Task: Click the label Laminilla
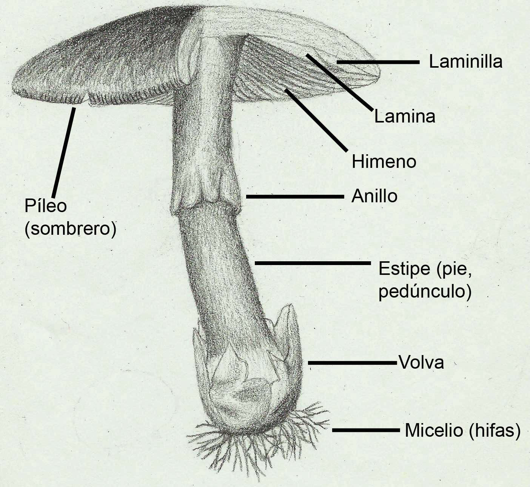pos(465,62)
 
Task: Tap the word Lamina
pos(405,116)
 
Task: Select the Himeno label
pos(384,161)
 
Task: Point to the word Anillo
pos(374,196)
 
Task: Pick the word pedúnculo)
pos(425,292)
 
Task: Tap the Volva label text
pos(421,363)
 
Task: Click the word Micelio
pos(434,430)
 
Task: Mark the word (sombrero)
pos(70,229)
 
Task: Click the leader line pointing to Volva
pos(353,363)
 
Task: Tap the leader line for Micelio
pos(365,430)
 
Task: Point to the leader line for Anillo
pos(294,197)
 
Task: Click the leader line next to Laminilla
pos(377,62)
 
